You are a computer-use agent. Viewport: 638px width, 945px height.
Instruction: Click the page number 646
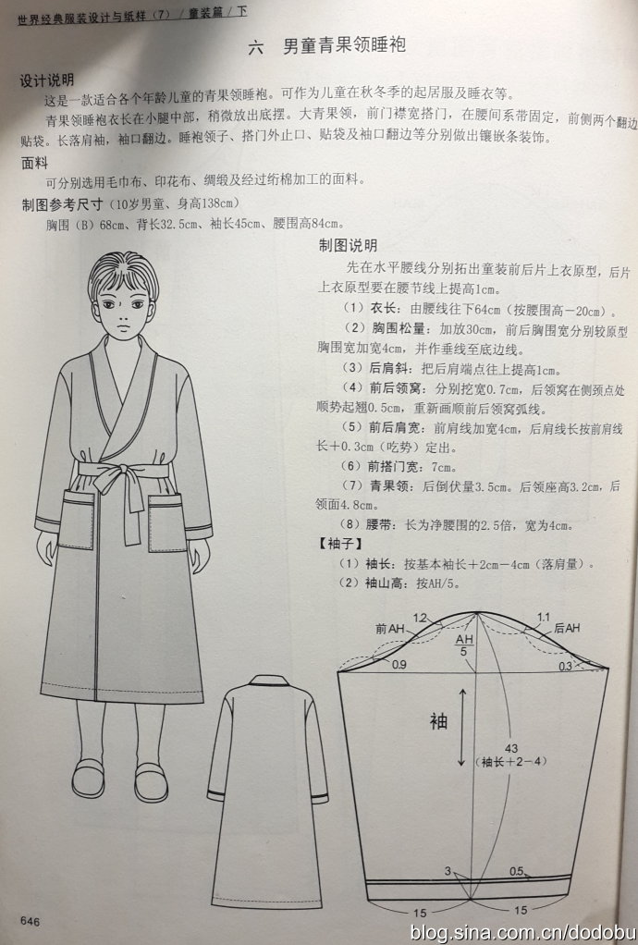[30, 922]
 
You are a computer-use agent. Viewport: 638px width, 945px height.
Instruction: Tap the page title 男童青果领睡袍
[344, 46]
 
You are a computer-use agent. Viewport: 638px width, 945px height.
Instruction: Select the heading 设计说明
[47, 80]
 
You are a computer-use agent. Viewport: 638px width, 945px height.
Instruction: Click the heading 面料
[34, 164]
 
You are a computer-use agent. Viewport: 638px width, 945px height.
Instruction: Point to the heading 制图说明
[348, 245]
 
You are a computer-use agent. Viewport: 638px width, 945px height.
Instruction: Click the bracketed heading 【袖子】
[339, 545]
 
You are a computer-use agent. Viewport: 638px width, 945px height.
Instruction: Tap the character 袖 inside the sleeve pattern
[438, 721]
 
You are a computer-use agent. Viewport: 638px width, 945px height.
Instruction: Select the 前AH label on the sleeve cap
[390, 629]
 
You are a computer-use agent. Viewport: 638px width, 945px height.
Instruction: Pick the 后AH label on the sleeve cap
[566, 628]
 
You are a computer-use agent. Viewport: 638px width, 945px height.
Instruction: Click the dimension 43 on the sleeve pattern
[511, 749]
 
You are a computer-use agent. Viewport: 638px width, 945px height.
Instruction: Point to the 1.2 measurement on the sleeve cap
[420, 618]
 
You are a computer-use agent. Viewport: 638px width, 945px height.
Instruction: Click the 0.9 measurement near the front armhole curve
[399, 666]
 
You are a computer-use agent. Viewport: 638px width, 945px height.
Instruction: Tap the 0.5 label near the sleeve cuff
[516, 871]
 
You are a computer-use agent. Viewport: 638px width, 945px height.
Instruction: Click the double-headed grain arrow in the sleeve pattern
[462, 728]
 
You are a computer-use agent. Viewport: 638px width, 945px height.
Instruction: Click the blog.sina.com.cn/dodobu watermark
[521, 932]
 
